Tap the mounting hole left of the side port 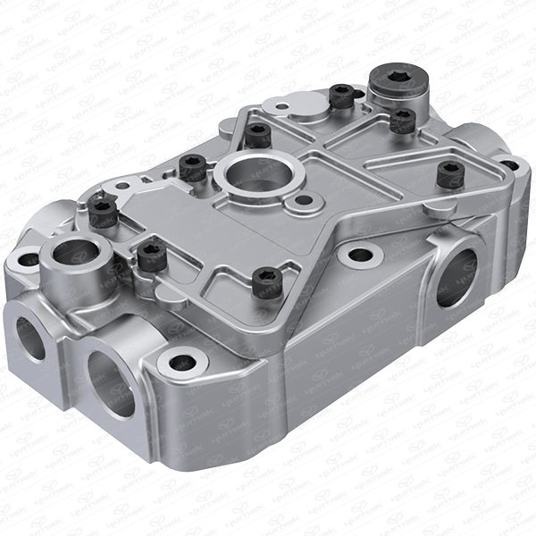click(x=361, y=255)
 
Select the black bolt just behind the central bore click(x=258, y=134)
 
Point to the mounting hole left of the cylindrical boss click(x=28, y=260)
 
